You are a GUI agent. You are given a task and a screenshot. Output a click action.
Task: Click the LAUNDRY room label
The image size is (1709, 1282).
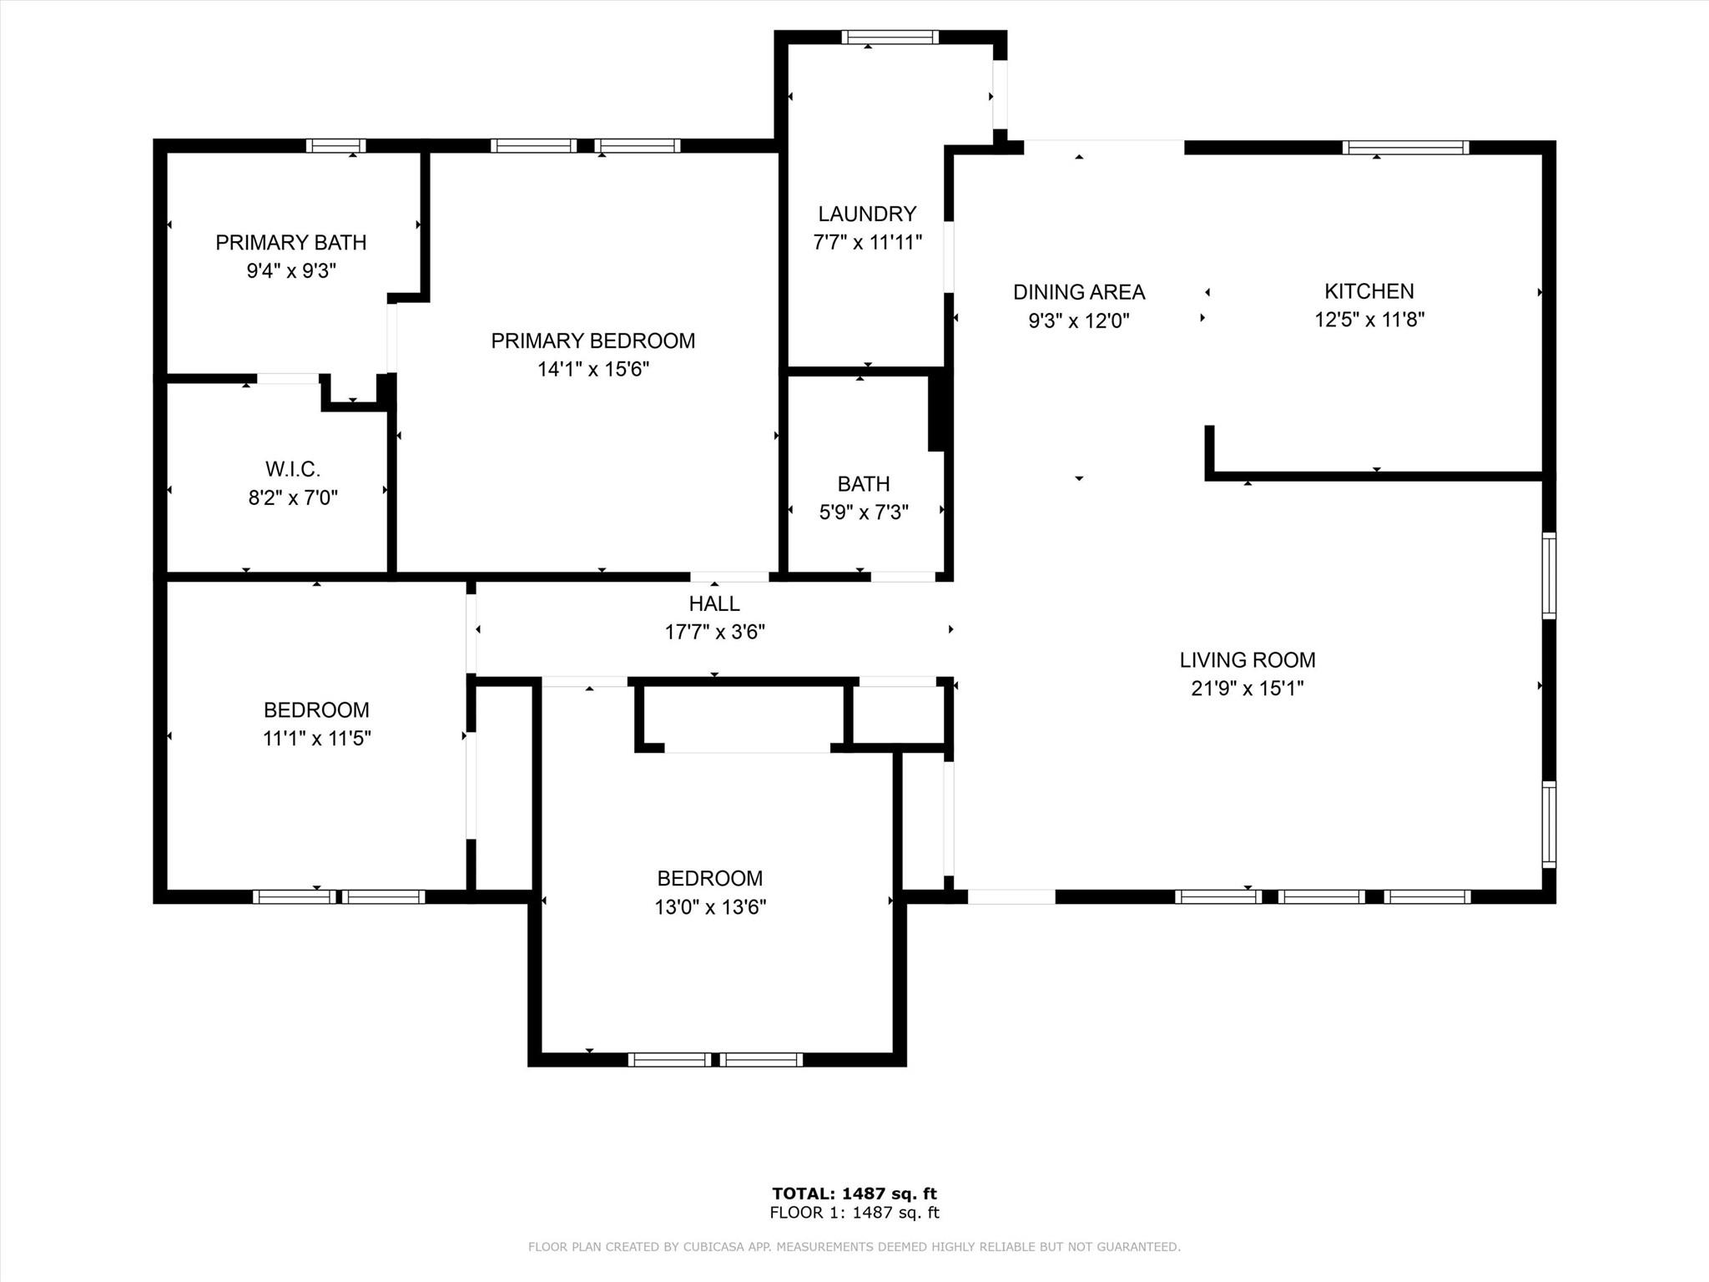[x=867, y=215]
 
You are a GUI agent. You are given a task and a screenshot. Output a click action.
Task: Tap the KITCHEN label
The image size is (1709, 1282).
[x=1369, y=291]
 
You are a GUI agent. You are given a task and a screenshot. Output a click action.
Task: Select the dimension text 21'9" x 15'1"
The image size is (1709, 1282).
[x=1248, y=689]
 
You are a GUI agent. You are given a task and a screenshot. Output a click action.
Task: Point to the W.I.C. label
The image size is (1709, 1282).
[x=293, y=469]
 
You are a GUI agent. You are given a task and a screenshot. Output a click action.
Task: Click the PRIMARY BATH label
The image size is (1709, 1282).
[x=291, y=243]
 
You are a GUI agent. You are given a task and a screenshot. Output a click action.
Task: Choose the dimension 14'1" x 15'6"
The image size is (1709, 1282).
[x=593, y=369]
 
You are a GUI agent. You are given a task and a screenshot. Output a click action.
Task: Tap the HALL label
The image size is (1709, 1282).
[x=714, y=603]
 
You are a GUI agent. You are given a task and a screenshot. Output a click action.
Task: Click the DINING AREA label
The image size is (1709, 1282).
[x=1079, y=292]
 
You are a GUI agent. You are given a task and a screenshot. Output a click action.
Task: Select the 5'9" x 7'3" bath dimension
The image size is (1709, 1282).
[x=864, y=512]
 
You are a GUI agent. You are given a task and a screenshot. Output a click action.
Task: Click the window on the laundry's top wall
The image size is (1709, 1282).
[x=890, y=37]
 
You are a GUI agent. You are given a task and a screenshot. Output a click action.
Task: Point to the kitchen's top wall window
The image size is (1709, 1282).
[x=1406, y=148]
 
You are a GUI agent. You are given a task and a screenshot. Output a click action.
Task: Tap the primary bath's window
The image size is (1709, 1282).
[x=335, y=145]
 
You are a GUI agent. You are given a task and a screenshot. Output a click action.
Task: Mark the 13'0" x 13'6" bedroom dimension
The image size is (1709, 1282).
[x=710, y=907]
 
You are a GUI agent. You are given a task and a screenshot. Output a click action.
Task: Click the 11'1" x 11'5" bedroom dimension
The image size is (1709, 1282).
[x=317, y=739]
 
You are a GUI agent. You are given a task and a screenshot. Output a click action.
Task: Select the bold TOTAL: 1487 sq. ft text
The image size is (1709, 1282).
[x=854, y=1194]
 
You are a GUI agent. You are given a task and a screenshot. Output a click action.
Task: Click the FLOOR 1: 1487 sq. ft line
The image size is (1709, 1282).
[x=854, y=1213]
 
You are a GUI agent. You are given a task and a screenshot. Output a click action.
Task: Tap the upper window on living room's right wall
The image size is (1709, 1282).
[x=1549, y=576]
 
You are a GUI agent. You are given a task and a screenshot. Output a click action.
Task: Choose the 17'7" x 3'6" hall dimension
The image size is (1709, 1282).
[x=714, y=632]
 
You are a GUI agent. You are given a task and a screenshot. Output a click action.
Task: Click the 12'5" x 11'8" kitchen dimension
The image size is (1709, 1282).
[x=1369, y=320]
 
